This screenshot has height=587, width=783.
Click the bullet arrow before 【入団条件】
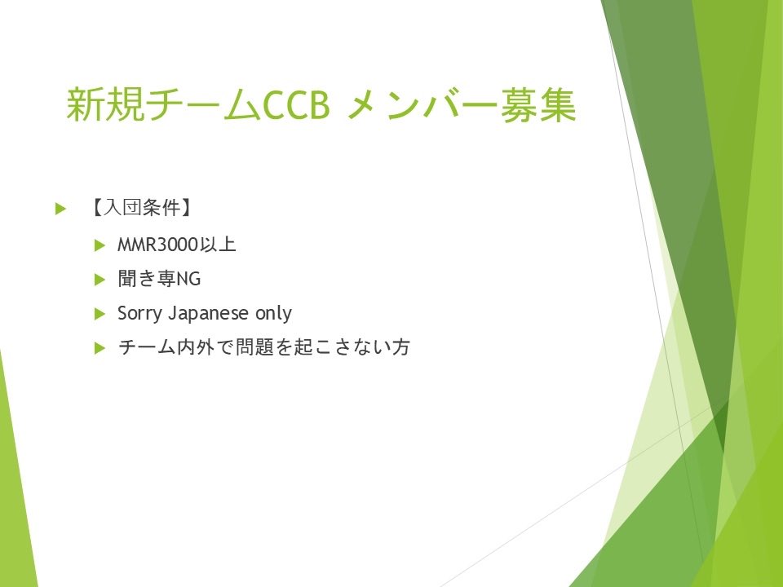pos(60,210)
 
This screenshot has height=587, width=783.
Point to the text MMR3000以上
pos(176,245)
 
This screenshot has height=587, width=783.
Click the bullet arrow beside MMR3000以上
pos(100,245)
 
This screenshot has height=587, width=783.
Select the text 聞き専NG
pos(158,279)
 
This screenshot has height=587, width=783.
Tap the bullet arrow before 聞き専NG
pos(100,279)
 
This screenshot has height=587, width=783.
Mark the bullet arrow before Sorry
pos(100,314)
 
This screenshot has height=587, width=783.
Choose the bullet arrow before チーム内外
pos(100,348)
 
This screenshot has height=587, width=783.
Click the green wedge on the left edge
pos(15,489)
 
